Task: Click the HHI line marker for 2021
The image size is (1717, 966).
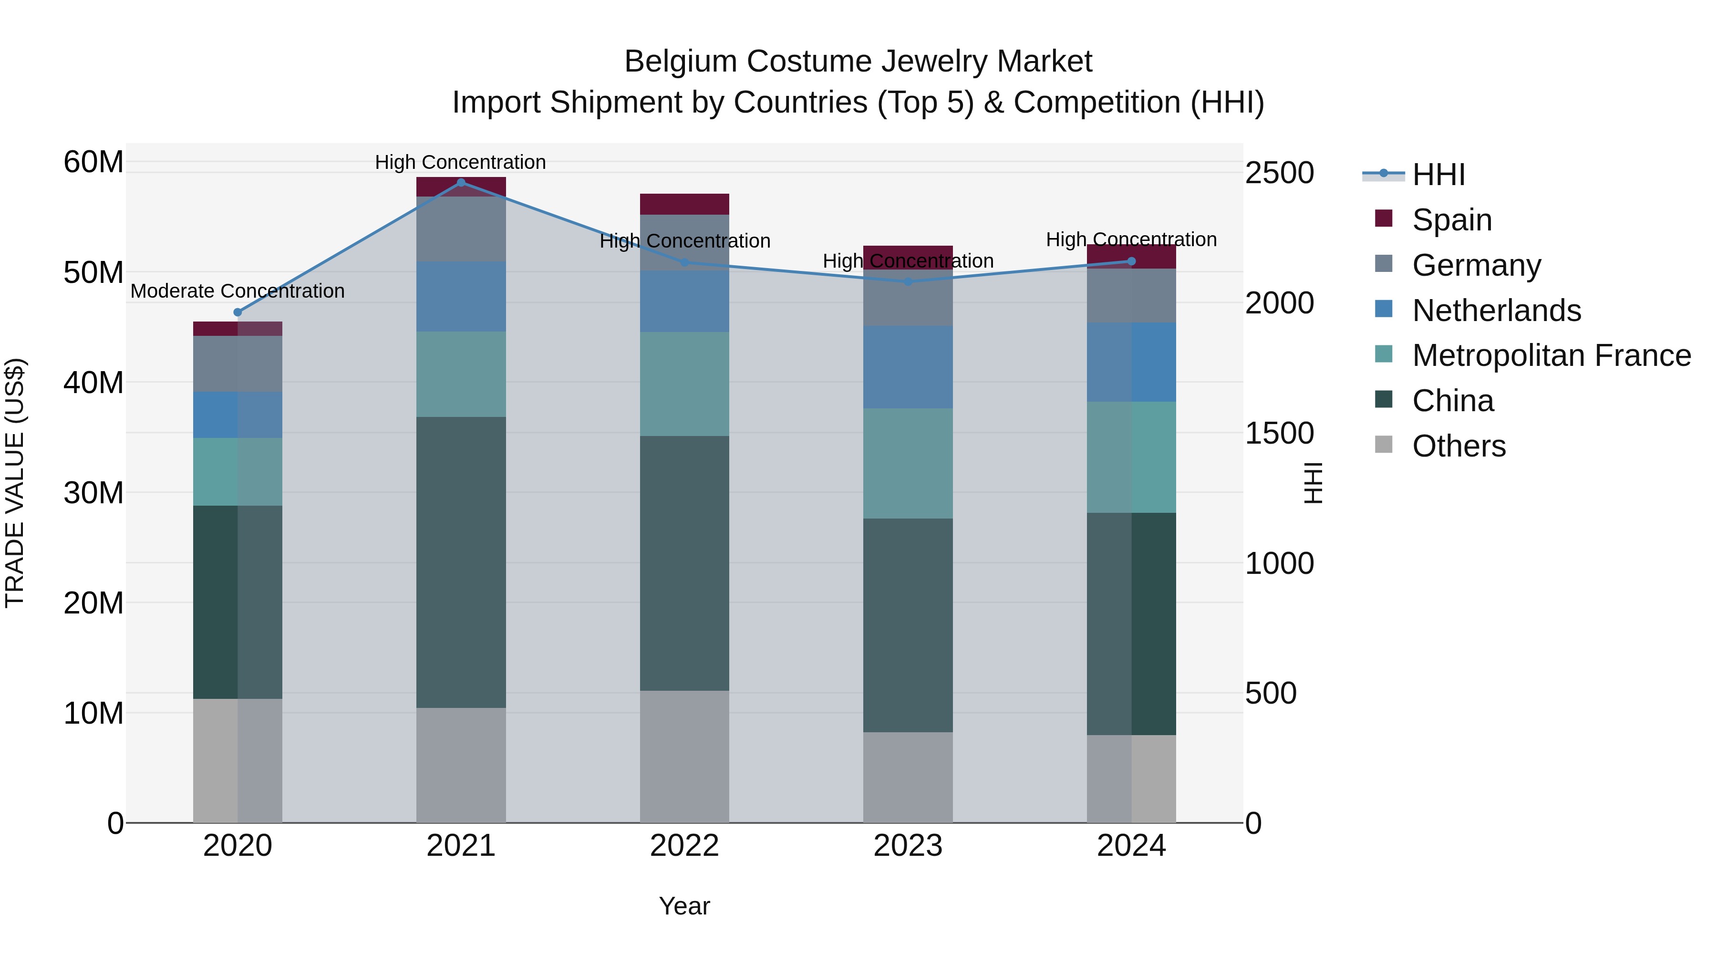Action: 461,183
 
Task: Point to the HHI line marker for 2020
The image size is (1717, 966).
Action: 238,312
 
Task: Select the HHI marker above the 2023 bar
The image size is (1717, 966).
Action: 908,282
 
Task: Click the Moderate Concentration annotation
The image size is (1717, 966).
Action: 238,291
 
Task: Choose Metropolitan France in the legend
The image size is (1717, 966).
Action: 1551,355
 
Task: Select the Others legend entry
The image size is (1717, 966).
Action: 1458,446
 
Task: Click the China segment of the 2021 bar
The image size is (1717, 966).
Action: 461,562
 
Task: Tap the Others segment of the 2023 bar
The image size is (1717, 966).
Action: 908,778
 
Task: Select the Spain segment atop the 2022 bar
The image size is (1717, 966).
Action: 684,204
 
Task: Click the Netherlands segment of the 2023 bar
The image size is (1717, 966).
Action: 908,367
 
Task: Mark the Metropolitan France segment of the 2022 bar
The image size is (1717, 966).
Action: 684,384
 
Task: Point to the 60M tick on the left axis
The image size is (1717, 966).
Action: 93,162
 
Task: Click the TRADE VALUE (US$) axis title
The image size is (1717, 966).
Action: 15,483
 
